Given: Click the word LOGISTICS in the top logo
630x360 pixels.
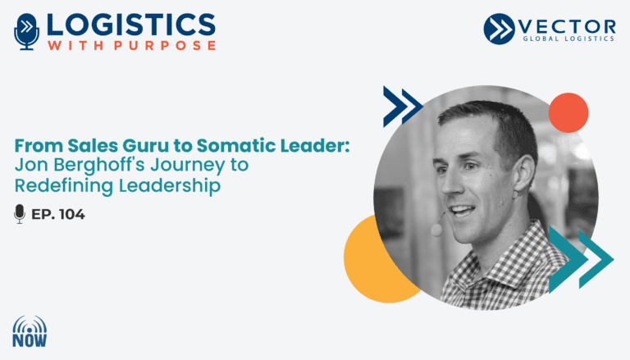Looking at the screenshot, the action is (131, 25).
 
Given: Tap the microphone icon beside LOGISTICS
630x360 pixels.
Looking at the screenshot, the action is (26, 32).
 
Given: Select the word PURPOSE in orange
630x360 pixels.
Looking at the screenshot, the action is (165, 45).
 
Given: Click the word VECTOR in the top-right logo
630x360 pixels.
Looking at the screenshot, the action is (567, 27).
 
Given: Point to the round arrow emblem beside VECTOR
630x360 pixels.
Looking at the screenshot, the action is (499, 29).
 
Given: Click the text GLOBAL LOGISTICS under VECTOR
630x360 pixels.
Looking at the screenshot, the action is (568, 39).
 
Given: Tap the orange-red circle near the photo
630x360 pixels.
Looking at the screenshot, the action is (568, 113).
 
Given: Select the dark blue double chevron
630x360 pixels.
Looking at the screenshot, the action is (403, 107).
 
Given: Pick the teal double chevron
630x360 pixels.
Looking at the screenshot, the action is (581, 259).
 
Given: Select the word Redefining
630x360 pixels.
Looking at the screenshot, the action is (64, 185).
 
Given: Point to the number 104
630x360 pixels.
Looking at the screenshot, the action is (72, 215).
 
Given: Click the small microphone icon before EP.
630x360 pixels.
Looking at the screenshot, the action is (20, 214).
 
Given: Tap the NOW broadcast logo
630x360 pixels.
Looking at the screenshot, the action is (30, 331).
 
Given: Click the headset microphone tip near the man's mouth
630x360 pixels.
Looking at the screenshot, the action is (436, 230).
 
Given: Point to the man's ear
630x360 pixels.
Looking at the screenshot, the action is (524, 173).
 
